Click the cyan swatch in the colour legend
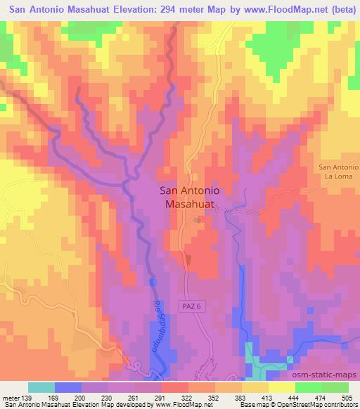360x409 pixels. (41, 387)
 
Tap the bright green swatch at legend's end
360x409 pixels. (335, 387)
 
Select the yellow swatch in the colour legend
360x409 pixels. (281, 387)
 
